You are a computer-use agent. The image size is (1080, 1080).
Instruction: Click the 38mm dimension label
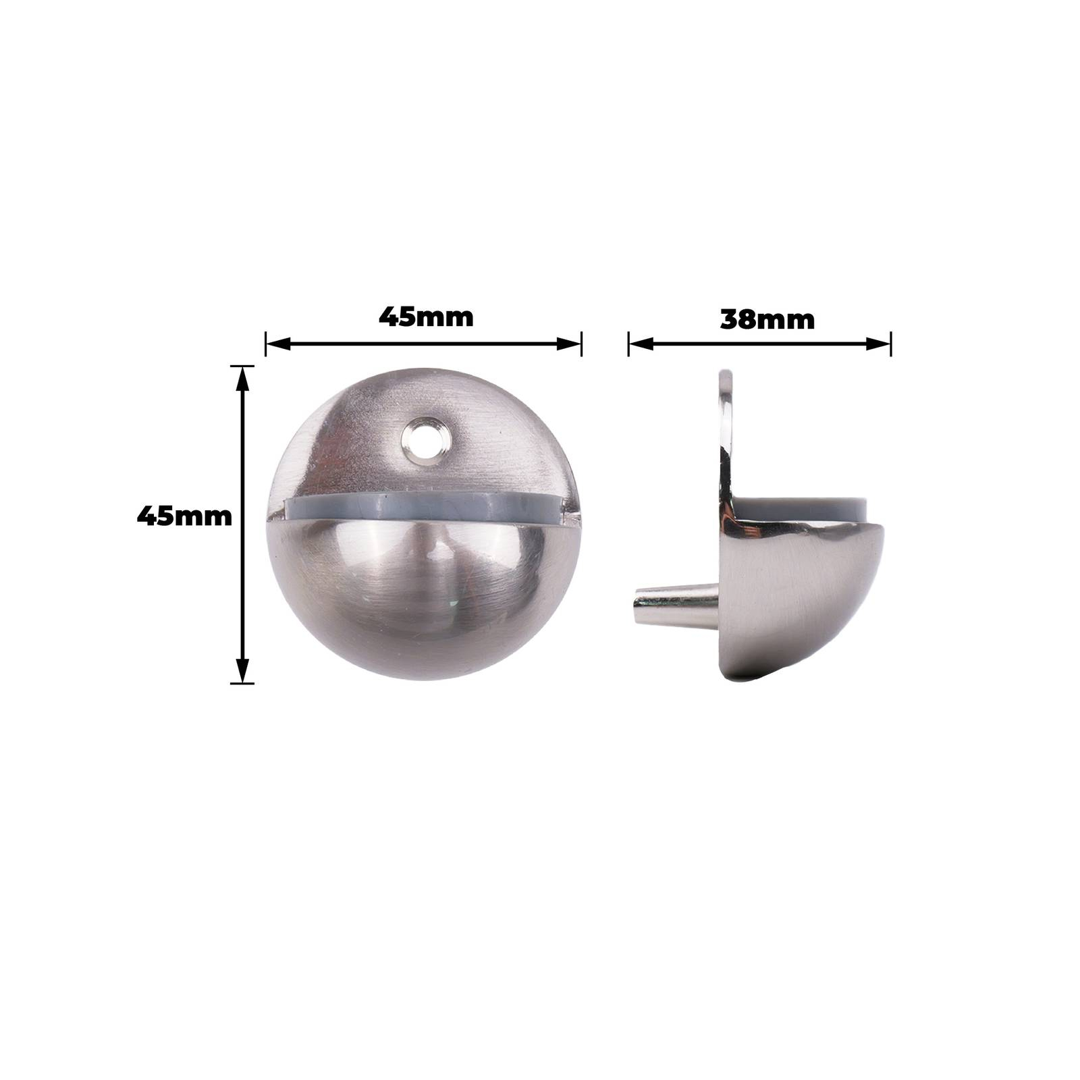(x=767, y=319)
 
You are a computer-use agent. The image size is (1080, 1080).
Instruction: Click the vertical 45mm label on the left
(x=184, y=517)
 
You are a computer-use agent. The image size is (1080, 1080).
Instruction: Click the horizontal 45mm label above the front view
(x=426, y=317)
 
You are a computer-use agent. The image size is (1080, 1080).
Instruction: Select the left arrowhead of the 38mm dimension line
(x=641, y=344)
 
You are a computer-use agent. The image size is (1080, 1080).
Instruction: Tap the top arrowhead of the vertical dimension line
(x=243, y=379)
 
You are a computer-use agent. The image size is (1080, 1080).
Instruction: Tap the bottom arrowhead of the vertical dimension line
(x=243, y=671)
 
